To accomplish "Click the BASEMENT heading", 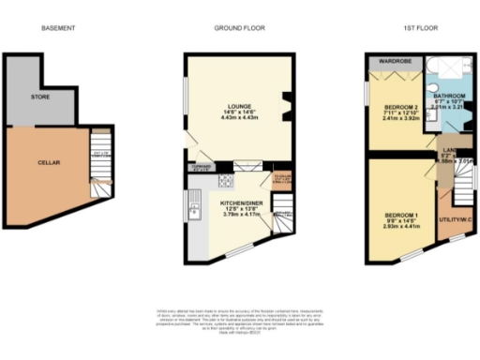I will click(x=58, y=28).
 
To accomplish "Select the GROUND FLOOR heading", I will click(x=239, y=28).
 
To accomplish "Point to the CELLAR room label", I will click(x=49, y=161).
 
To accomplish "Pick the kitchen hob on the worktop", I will click(x=225, y=181).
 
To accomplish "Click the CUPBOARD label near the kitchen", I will click(x=199, y=168).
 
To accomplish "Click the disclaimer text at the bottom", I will click(x=240, y=319).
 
